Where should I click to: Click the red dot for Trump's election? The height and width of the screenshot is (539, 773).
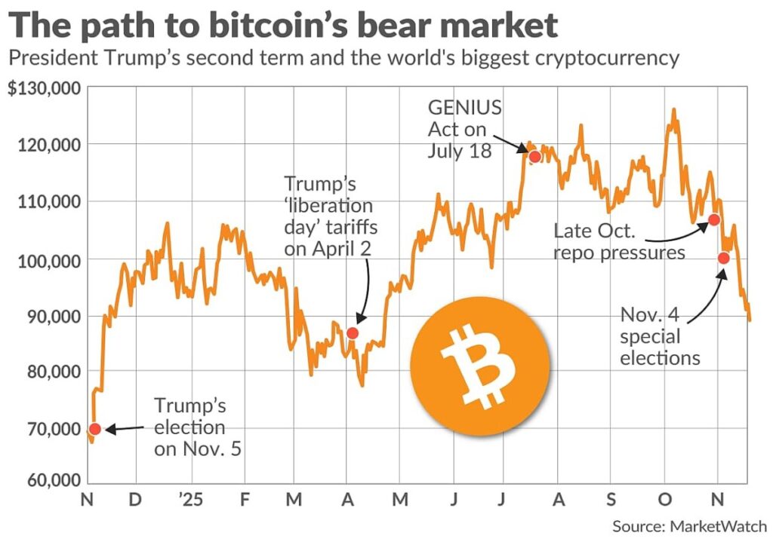pos(94,429)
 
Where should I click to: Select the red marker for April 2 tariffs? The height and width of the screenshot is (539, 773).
pos(353,333)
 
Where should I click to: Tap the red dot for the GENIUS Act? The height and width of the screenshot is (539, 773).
pos(534,157)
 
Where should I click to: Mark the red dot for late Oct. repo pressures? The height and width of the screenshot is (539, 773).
pos(713,220)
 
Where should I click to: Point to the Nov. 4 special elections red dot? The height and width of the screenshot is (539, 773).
pos(723,258)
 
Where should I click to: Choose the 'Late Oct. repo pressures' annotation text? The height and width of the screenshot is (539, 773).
pos(619,240)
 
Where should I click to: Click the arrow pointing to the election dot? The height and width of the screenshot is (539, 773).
pos(125,428)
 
